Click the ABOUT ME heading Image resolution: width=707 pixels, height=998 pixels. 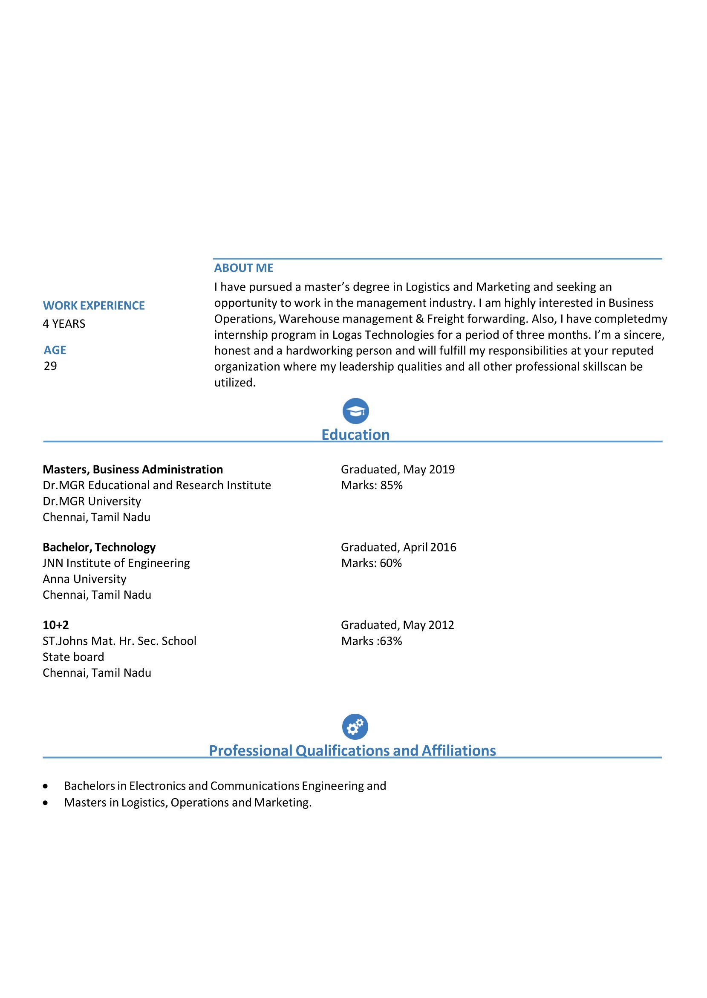243,268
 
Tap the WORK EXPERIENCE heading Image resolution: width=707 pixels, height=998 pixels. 94,306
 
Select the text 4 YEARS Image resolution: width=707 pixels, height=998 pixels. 64,324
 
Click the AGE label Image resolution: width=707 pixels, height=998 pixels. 55,350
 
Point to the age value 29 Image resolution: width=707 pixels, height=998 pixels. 50,366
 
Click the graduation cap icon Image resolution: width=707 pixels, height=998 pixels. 355,411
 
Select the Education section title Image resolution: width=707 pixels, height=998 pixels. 355,435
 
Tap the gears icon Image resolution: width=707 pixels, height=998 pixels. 355,727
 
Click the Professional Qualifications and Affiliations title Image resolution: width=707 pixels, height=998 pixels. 352,751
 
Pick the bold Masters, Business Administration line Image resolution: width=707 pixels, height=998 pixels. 133,470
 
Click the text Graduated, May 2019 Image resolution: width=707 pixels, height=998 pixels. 398,470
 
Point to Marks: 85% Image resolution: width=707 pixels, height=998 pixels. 372,485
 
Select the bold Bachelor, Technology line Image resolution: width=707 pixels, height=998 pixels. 99,547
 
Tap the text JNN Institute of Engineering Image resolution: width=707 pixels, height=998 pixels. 116,563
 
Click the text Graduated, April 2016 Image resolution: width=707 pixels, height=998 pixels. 398,547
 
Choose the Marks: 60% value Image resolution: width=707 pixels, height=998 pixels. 371,563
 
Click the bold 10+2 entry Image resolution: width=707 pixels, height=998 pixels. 56,625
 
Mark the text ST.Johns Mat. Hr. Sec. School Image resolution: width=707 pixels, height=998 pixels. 119,641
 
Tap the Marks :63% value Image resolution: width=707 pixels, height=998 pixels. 371,641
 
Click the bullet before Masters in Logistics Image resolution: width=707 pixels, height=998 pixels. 45,803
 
